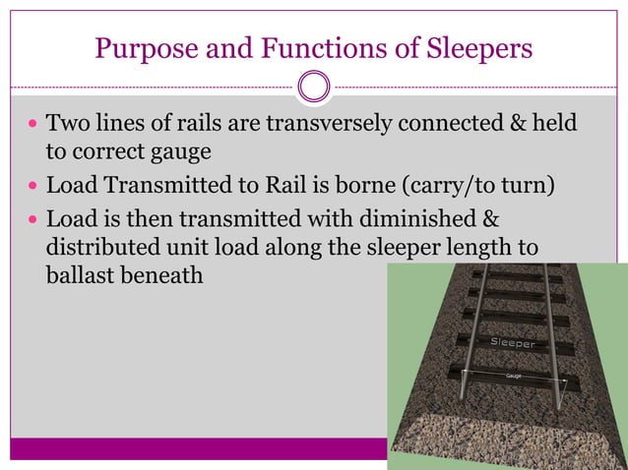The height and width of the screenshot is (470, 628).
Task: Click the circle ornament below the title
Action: pyautogui.click(x=314, y=88)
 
